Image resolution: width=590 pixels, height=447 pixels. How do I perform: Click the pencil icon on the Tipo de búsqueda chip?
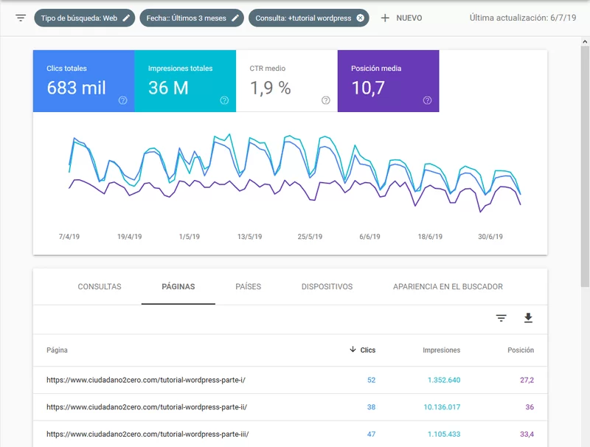pyautogui.click(x=126, y=18)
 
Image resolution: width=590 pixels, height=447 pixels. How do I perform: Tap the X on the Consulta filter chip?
pyautogui.click(x=360, y=18)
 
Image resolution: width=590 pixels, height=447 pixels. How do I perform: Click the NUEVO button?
pyautogui.click(x=401, y=18)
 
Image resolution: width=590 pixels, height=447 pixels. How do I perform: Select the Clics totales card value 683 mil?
pyautogui.click(x=77, y=88)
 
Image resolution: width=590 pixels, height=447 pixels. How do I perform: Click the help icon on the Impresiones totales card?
pyautogui.click(x=224, y=100)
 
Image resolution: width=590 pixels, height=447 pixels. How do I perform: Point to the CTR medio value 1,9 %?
pyautogui.click(x=271, y=88)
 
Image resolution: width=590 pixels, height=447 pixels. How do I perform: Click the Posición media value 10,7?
pyautogui.click(x=368, y=88)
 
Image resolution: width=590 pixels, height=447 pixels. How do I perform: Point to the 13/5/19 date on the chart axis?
pyautogui.click(x=249, y=237)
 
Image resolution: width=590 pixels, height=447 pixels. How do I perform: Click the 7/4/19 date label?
pyautogui.click(x=69, y=237)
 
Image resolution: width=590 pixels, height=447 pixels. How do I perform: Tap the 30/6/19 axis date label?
pyautogui.click(x=490, y=237)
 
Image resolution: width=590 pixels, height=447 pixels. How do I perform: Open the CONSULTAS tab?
pyautogui.click(x=100, y=287)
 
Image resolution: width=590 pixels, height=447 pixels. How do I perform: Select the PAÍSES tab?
pyautogui.click(x=249, y=287)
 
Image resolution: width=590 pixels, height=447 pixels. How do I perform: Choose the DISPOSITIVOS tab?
pyautogui.click(x=327, y=287)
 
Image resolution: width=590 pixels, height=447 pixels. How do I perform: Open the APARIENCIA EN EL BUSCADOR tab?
pyautogui.click(x=448, y=287)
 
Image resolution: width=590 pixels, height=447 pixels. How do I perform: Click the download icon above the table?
pyautogui.click(x=528, y=318)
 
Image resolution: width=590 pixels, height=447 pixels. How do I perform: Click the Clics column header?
pyautogui.click(x=362, y=350)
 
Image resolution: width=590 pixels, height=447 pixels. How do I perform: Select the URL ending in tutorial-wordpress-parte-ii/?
pyautogui.click(x=147, y=407)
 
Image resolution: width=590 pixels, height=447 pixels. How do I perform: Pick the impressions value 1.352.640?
pyautogui.click(x=444, y=380)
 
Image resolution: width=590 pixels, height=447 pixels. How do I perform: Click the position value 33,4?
pyautogui.click(x=527, y=434)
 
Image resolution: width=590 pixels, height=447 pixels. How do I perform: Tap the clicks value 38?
pyautogui.click(x=372, y=407)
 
